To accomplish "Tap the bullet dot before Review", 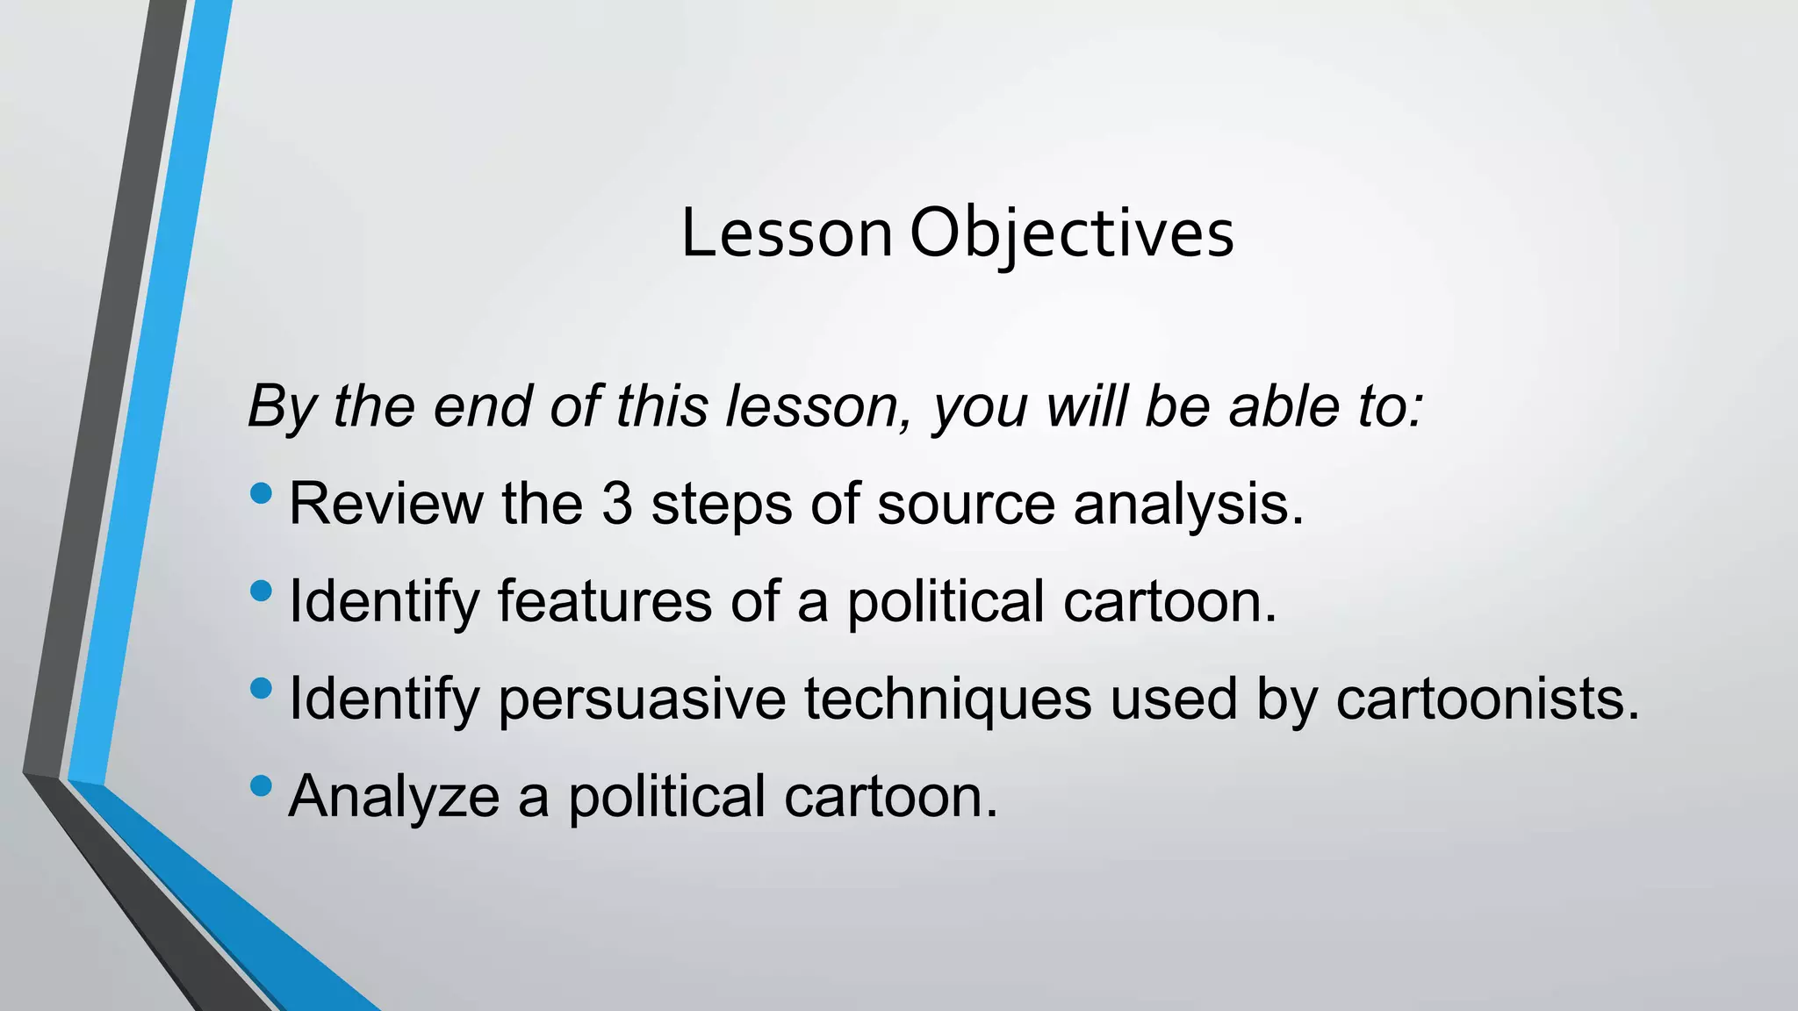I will click(x=261, y=494).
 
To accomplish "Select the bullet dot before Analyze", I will click(x=261, y=785).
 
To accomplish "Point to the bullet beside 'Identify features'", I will click(x=261, y=592).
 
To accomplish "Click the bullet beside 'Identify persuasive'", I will click(x=261, y=689).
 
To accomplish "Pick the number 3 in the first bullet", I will click(x=617, y=505).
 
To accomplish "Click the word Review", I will click(x=385, y=505).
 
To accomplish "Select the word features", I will click(x=604, y=602).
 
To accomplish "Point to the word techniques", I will click(x=948, y=699).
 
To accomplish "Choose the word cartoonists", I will click(x=1487, y=699).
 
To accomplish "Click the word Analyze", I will click(x=393, y=797).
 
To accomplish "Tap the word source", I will click(x=966, y=505).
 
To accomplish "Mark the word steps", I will click(x=721, y=505).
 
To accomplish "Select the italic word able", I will click(x=1284, y=406).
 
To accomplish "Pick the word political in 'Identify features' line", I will click(x=945, y=602).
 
